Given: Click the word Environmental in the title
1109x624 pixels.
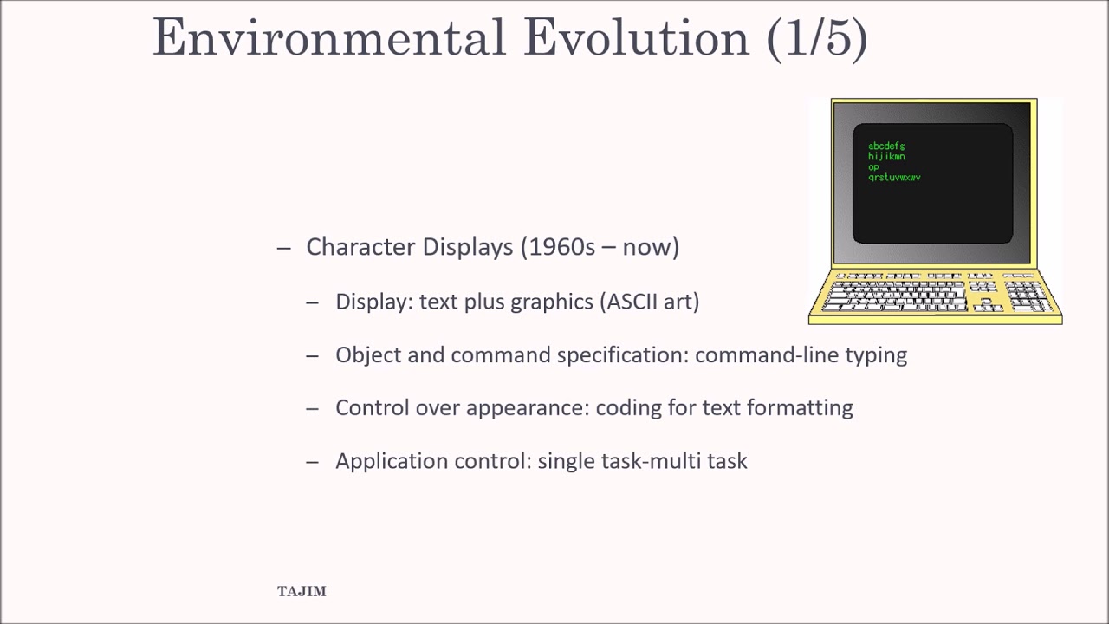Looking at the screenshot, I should point(328,37).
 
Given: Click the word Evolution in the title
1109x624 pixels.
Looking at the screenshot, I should point(636,37).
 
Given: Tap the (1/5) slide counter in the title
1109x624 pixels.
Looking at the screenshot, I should point(817,37).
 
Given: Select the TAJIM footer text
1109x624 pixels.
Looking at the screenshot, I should point(302,591).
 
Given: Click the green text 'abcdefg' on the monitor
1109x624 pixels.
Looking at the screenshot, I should point(886,146).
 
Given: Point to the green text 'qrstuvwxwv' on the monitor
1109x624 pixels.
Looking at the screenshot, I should point(894,177).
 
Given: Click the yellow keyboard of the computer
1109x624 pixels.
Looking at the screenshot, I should point(935,295).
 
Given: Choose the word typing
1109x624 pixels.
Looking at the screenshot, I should point(876,355).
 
